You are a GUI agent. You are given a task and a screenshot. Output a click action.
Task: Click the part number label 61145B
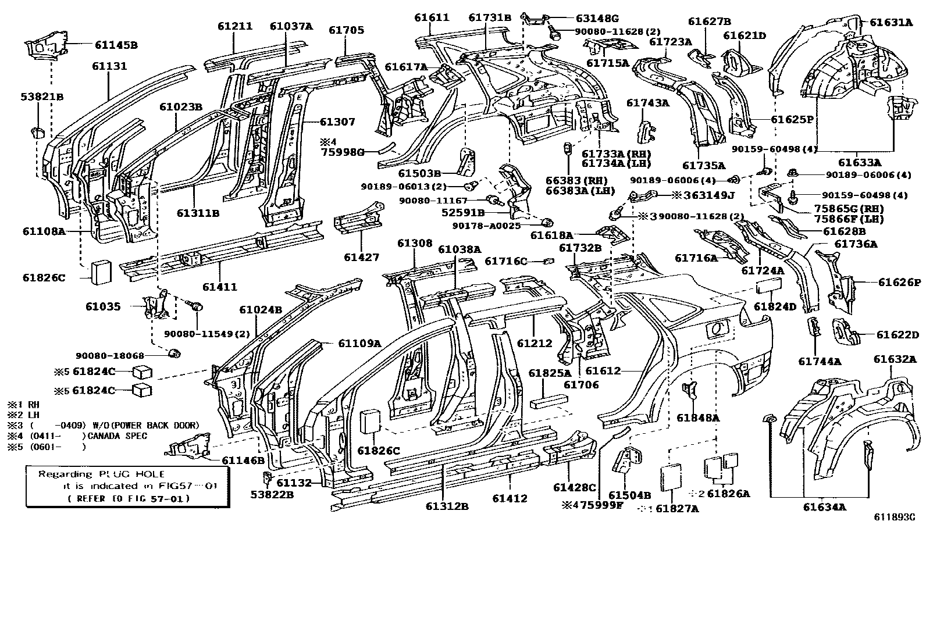point(116,44)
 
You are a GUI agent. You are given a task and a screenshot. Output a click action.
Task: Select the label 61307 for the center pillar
point(337,122)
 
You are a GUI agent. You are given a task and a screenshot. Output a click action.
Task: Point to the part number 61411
point(220,287)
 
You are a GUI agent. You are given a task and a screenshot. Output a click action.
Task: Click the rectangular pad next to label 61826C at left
point(101,272)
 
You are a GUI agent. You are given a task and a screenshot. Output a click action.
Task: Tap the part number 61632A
point(895,359)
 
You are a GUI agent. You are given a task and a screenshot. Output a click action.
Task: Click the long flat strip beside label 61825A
point(549,402)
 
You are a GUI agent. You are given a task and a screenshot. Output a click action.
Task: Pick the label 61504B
point(629,495)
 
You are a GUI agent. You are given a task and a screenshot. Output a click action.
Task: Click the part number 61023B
point(181,106)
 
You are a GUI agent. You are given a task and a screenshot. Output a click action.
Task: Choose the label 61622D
point(897,334)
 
